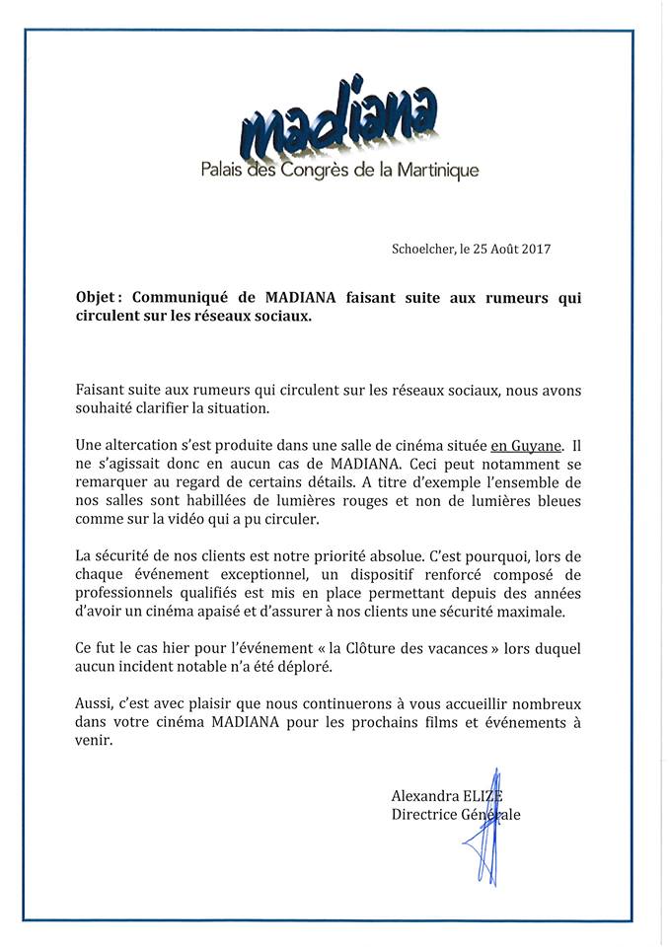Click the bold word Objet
coord(98,297)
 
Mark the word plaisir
coord(241,704)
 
